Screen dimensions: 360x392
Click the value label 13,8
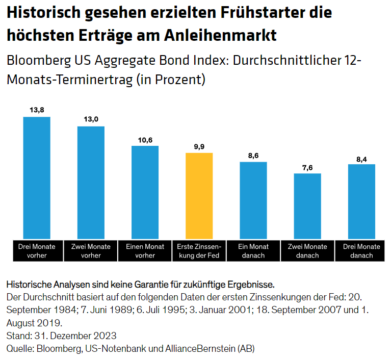(x=37, y=110)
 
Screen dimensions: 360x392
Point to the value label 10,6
(x=145, y=139)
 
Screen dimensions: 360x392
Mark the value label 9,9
(x=199, y=146)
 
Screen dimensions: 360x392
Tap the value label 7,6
(x=307, y=167)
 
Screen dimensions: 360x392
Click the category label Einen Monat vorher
(x=145, y=251)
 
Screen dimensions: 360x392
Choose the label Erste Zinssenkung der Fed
(x=199, y=251)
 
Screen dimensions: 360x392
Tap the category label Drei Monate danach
(x=361, y=251)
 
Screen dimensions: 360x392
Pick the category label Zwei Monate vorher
(x=91, y=251)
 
